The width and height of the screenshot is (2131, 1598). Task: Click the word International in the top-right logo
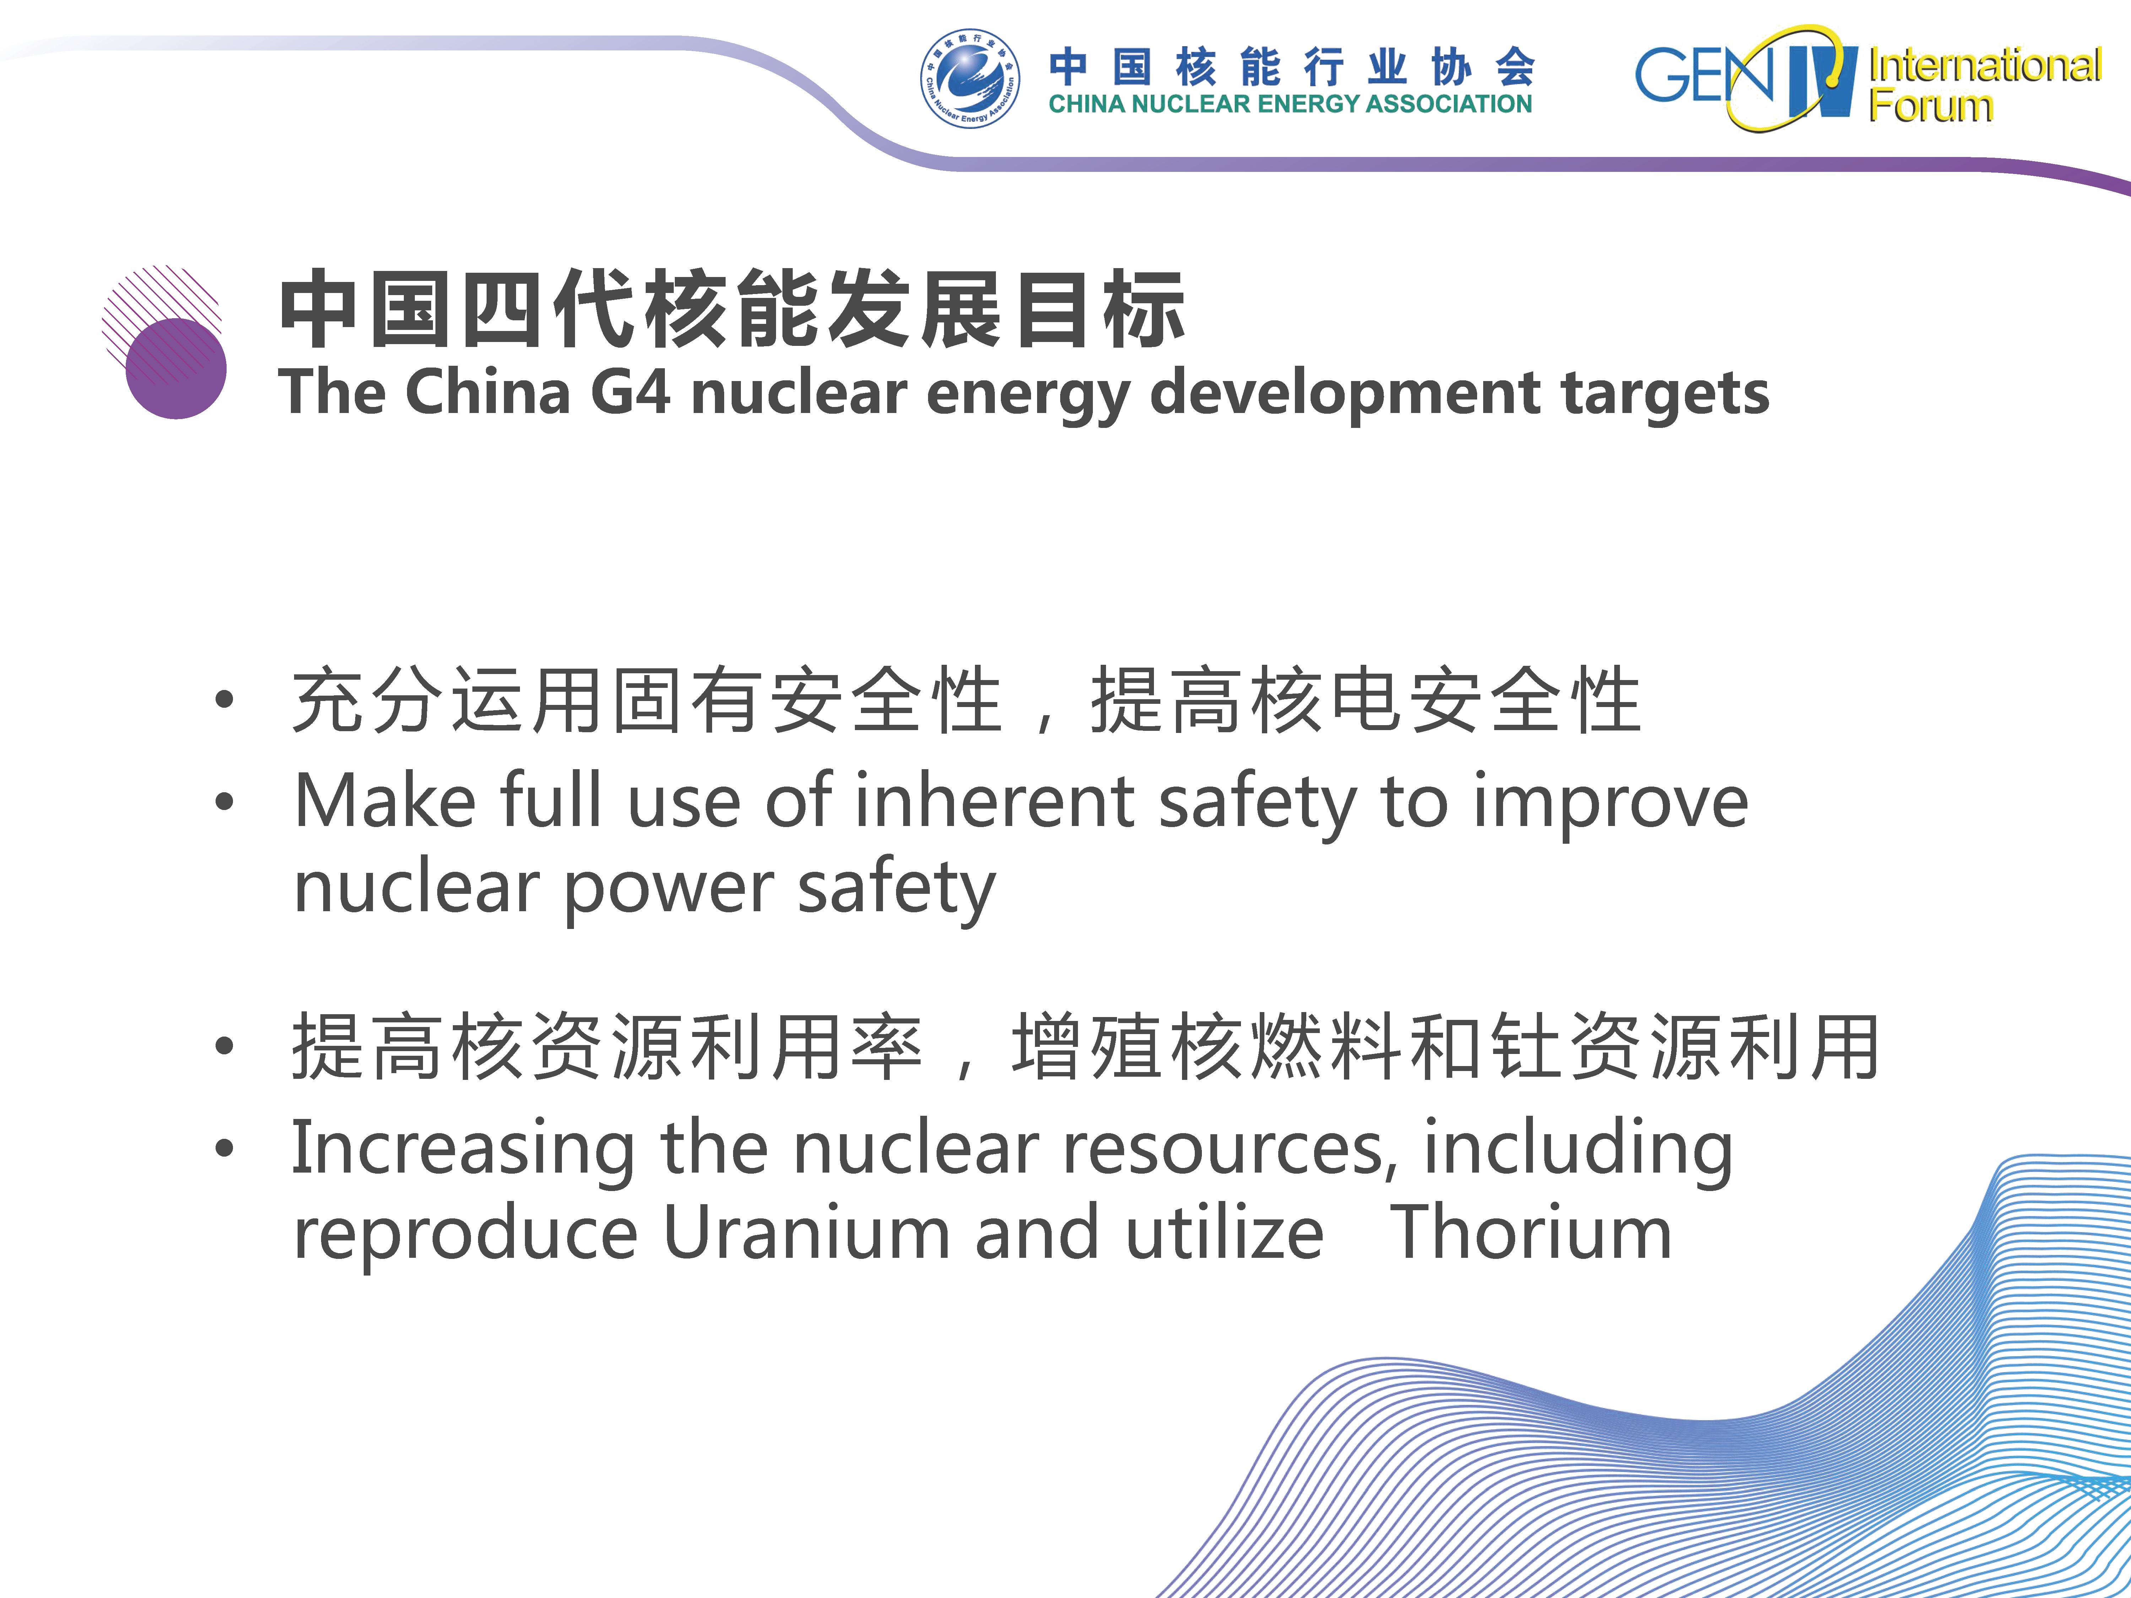[x=1985, y=65]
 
